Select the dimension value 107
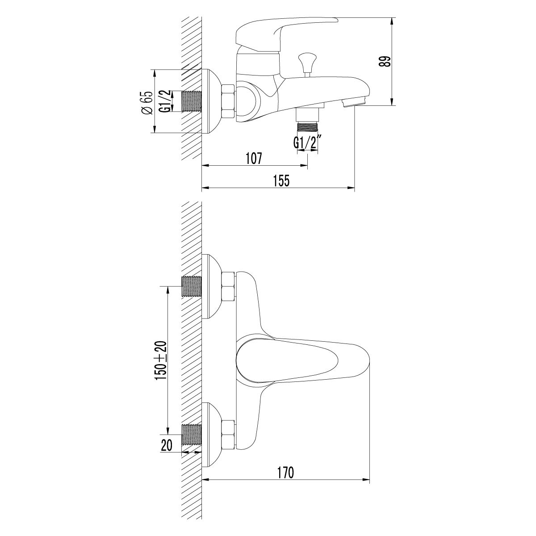[x=253, y=158]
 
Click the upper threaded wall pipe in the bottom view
[x=192, y=286]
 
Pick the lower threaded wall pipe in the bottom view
[x=192, y=434]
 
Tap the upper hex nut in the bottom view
[x=228, y=286]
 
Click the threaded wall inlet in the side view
[x=192, y=101]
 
